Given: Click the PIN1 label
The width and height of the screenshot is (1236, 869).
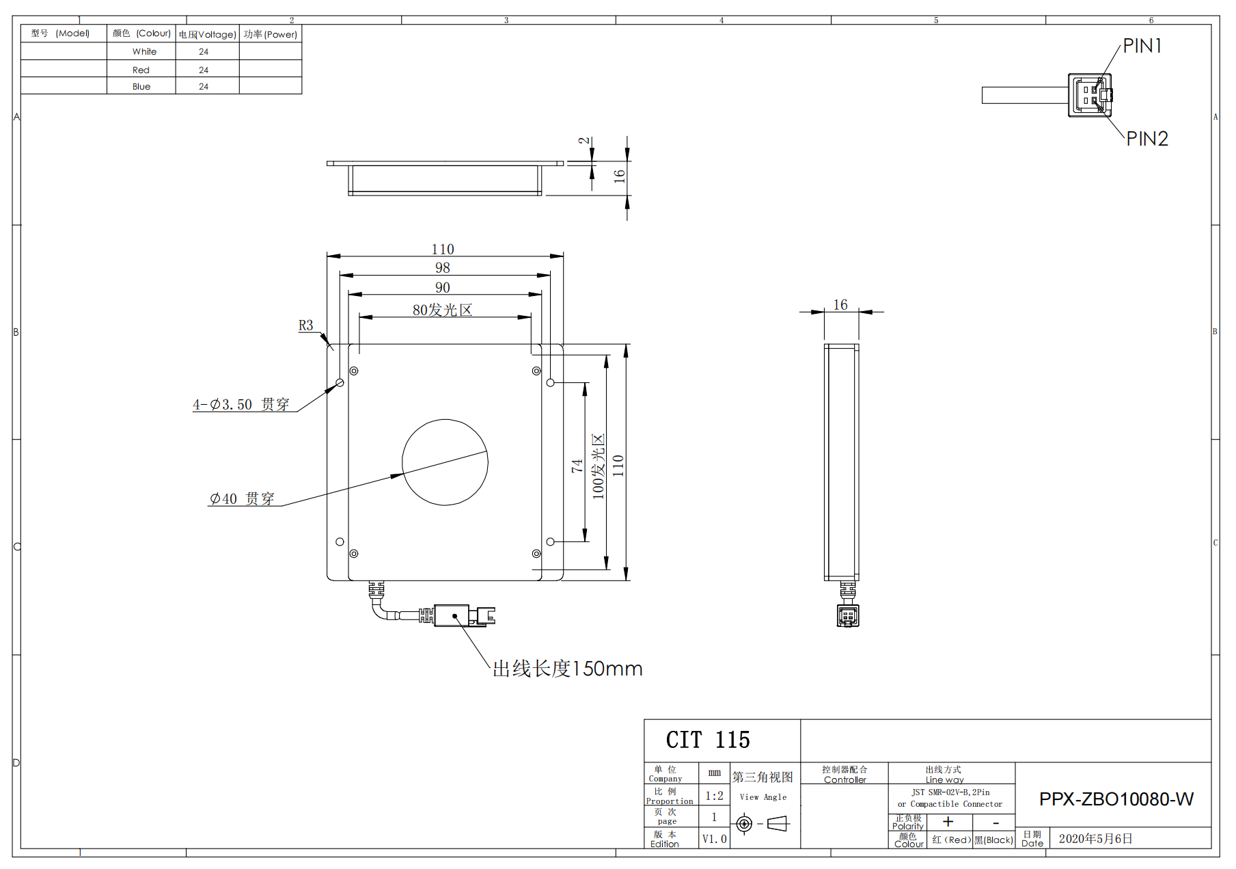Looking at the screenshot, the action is click(1142, 46).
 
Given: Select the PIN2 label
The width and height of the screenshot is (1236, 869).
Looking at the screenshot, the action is click(1147, 139).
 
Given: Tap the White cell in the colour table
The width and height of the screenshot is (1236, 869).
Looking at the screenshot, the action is click(144, 51).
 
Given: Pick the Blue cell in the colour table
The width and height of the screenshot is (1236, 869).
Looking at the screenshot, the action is click(141, 86).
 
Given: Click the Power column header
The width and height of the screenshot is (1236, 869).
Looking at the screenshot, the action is click(271, 34).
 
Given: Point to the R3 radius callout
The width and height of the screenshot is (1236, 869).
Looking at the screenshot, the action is click(305, 325).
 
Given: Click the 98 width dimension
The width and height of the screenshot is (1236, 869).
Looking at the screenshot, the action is click(443, 267).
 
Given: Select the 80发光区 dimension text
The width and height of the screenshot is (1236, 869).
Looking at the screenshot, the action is click(442, 310).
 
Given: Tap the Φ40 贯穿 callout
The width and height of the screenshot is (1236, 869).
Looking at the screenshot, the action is click(242, 498).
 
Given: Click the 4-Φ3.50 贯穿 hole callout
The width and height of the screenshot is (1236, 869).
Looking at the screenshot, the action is click(241, 404).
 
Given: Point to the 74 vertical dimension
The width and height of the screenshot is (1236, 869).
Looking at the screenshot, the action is click(577, 466).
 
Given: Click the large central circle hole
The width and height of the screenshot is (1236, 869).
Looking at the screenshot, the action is click(445, 462).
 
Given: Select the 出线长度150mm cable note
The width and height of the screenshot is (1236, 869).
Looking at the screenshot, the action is click(568, 669).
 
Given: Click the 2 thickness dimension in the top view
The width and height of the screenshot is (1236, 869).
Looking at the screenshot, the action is click(583, 140).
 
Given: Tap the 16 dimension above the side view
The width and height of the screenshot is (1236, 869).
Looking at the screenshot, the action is click(840, 304).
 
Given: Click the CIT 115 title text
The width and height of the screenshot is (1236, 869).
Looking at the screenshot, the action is click(708, 740).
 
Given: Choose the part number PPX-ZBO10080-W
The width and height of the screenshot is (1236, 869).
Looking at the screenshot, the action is click(1116, 799).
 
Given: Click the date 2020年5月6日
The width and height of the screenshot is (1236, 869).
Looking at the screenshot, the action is click(1096, 839).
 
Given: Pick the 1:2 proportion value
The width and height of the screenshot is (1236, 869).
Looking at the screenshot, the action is click(715, 796).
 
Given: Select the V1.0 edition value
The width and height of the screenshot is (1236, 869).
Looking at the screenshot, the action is click(715, 839).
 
